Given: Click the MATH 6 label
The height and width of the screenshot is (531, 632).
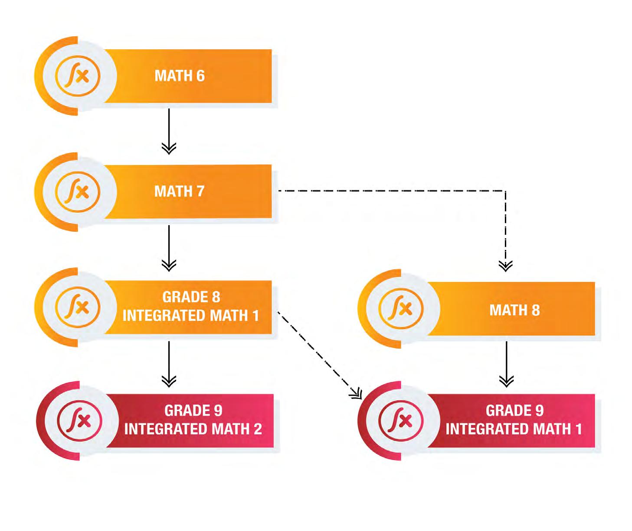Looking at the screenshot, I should pos(180,76).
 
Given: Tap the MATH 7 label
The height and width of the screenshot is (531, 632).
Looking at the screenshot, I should pos(179,191).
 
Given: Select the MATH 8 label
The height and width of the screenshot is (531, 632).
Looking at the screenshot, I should pos(514,310).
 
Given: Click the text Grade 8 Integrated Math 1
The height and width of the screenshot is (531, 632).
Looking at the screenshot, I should pos(191,306).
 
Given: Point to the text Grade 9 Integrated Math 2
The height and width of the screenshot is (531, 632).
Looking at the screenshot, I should pos(193,420).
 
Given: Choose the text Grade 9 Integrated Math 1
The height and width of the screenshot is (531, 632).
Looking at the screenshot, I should pos(514,420).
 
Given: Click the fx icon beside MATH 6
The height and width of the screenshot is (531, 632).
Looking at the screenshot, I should pos(78,76).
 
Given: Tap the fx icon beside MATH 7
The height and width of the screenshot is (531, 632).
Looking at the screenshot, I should pos(78,191).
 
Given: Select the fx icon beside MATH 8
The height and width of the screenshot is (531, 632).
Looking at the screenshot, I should pos(401,309).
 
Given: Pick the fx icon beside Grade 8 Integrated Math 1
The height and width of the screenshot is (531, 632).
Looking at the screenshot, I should pos(78,307).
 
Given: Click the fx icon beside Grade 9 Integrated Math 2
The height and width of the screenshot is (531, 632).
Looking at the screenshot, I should pos(80,421).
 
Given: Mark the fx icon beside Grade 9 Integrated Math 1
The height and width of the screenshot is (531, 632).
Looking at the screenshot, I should pos(401,421).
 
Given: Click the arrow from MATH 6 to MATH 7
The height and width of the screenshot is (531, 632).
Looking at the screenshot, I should pos(169,130).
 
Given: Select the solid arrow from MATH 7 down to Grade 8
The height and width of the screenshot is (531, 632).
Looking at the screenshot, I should pos(169,247).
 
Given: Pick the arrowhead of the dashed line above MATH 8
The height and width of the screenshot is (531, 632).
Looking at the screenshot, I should pos(506,265).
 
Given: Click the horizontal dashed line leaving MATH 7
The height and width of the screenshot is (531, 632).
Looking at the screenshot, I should pos(390,191).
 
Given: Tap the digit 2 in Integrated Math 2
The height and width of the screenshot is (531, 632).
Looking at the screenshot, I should pos(258,429).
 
